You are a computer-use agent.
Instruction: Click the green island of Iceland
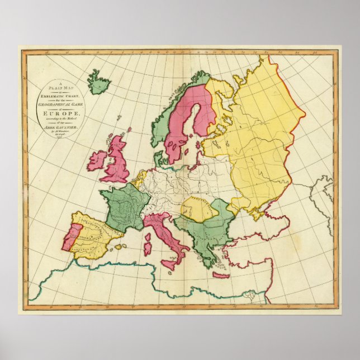(x=99, y=84)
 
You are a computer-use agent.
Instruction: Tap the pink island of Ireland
(x=97, y=161)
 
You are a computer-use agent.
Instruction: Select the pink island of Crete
(x=221, y=275)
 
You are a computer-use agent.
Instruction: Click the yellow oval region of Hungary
(x=198, y=209)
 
